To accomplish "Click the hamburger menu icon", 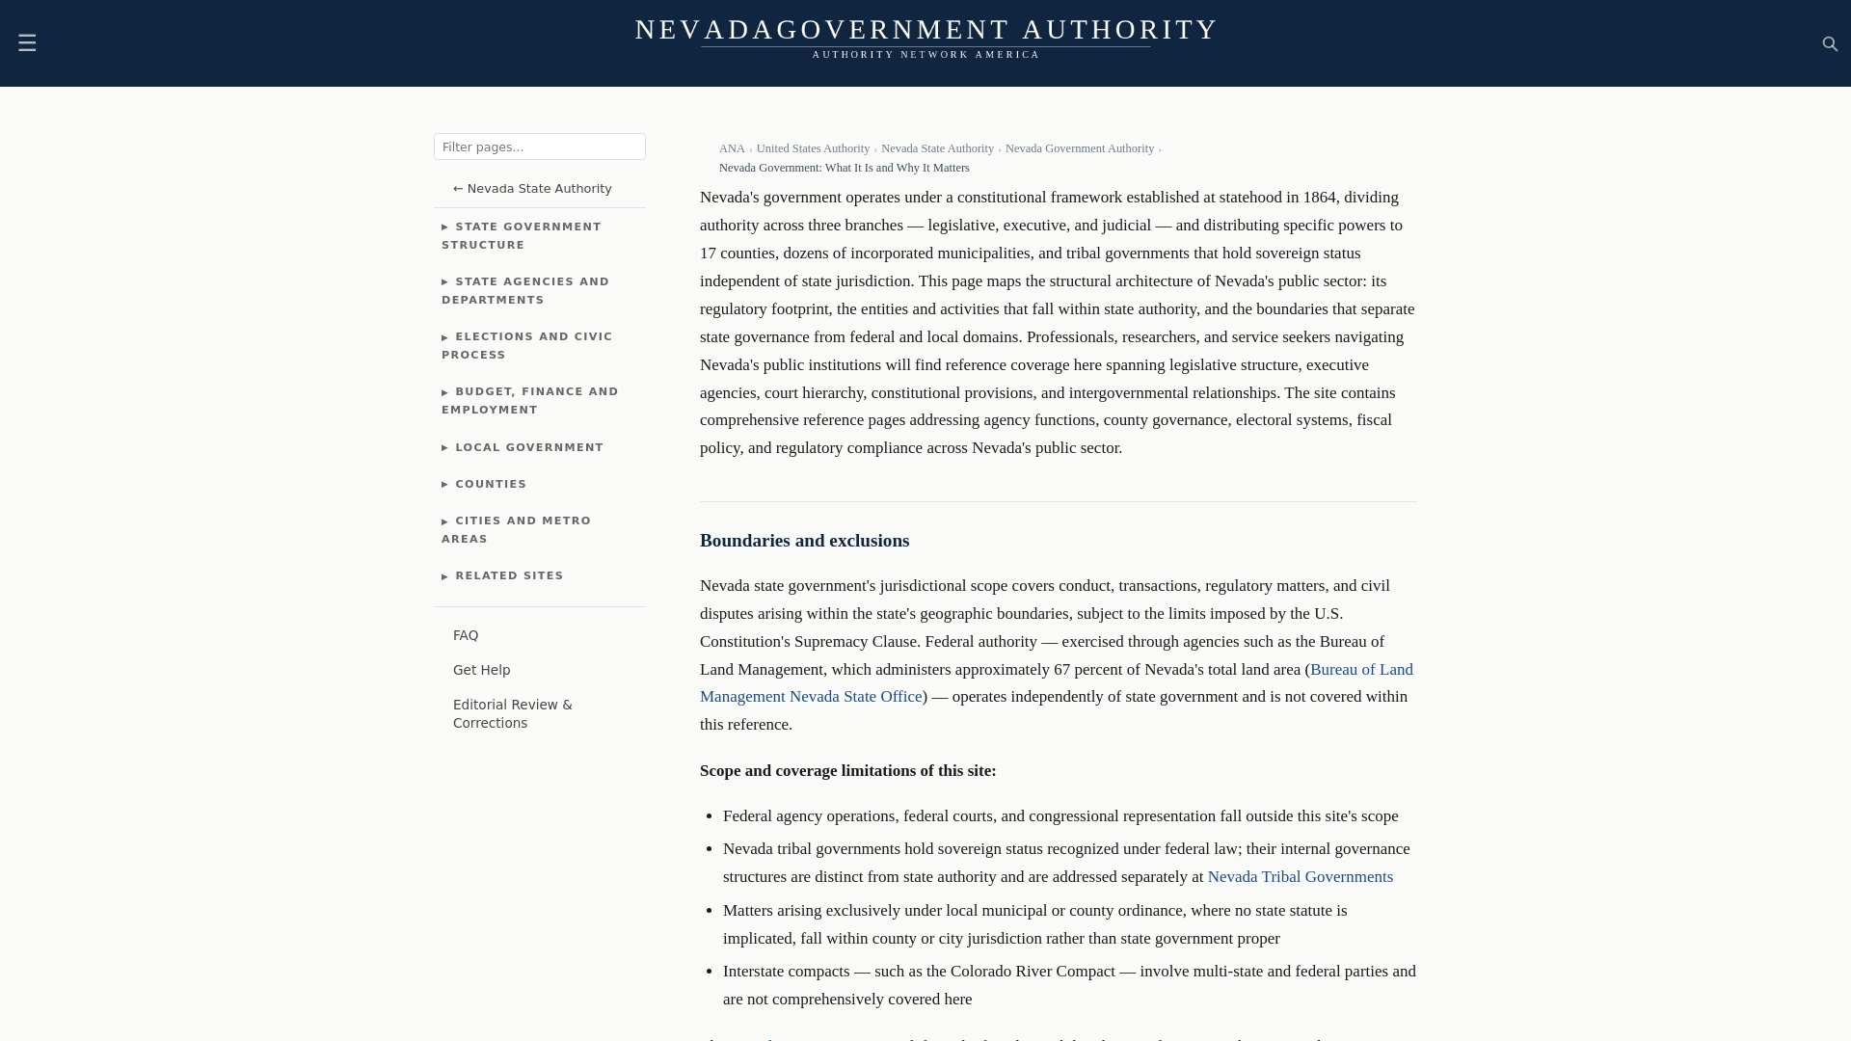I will click(27, 43).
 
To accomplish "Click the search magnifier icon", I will click(1830, 44).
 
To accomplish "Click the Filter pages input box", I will click(539, 147).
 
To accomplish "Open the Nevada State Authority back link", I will click(532, 189).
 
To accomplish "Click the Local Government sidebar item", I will click(528, 447).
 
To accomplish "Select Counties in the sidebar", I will click(491, 484).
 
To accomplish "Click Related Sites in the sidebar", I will click(509, 575).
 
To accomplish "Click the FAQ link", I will click(466, 635).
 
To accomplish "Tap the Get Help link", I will click(481, 670).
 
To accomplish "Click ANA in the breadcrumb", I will click(732, 148).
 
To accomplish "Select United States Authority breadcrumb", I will click(813, 148).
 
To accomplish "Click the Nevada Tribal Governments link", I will click(1300, 877).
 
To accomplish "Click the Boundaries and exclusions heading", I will click(804, 541).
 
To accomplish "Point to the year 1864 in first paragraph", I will click(1319, 198).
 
